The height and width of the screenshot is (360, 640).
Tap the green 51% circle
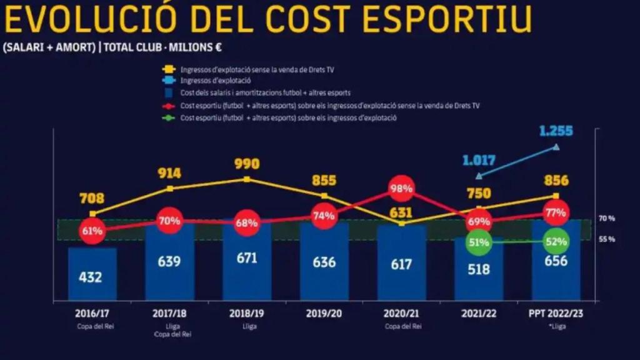pyautogui.click(x=479, y=242)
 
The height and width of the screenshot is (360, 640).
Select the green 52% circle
pyautogui.click(x=556, y=242)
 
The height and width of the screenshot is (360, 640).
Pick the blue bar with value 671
pyautogui.click(x=247, y=259)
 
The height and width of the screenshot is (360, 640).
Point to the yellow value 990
pyautogui.click(x=247, y=164)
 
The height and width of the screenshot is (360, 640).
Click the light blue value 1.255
pyautogui.click(x=556, y=131)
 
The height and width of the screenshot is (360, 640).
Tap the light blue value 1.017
pyautogui.click(x=479, y=161)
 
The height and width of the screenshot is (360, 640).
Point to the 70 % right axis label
pyautogui.click(x=607, y=219)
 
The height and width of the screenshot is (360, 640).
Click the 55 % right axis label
pyautogui.click(x=607, y=239)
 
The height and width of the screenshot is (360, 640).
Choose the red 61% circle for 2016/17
pyautogui.click(x=92, y=231)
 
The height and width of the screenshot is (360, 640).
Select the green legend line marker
pyautogui.click(x=168, y=117)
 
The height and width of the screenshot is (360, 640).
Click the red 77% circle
pyautogui.click(x=556, y=213)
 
